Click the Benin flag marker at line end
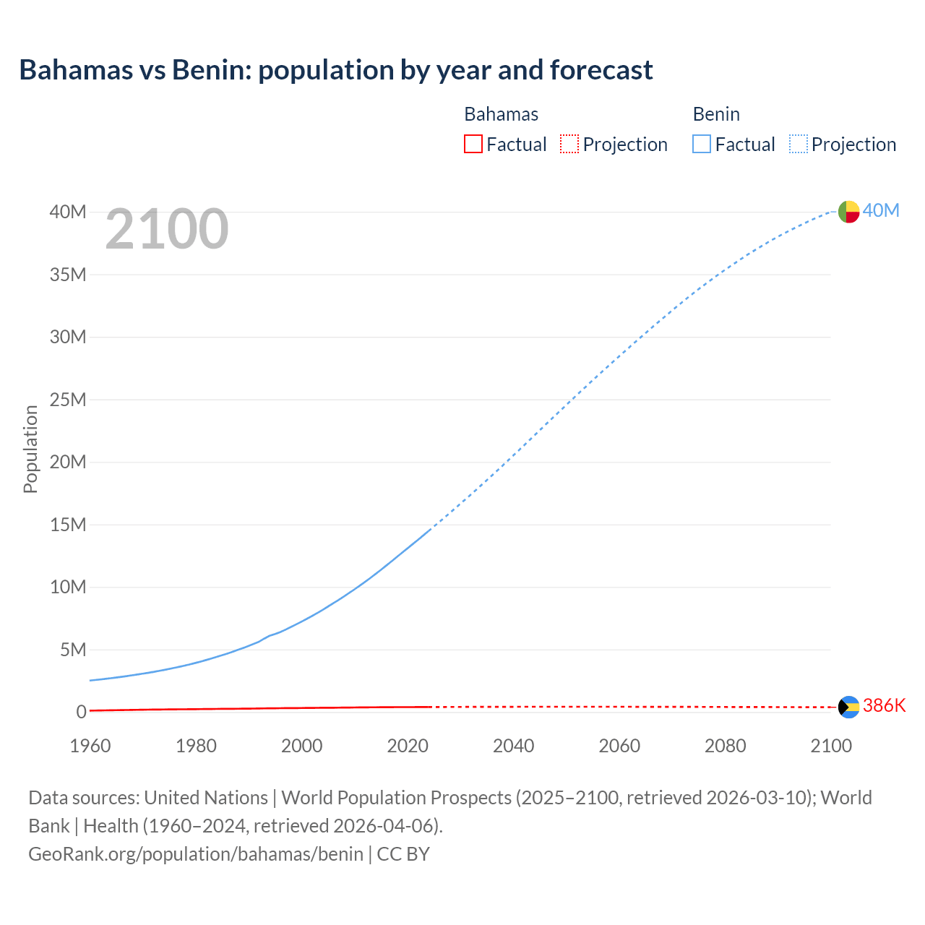848,212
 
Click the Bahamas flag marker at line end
848,707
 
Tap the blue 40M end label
881,210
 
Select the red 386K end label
884,705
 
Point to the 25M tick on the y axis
68,400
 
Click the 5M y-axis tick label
73,650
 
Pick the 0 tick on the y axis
81,712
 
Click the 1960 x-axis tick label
90,746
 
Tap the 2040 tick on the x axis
514,746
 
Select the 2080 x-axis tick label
726,746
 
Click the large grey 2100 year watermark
167,229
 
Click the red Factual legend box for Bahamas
473,144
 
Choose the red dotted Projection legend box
569,144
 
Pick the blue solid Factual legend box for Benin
702,144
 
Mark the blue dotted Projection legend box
799,144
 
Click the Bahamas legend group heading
501,114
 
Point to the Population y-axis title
30,449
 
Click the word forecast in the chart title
601,69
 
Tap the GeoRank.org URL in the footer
196,853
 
